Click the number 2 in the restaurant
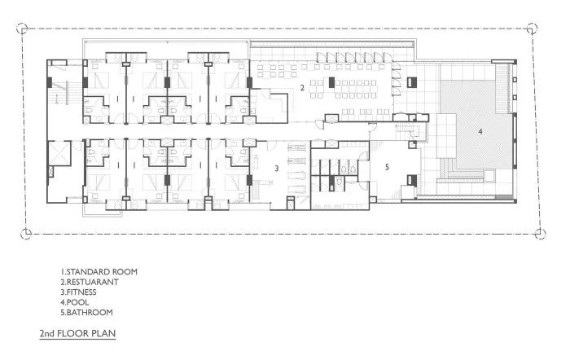(x=301, y=86)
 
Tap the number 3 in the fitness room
(x=277, y=169)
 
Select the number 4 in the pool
(x=480, y=131)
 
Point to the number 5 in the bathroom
(x=387, y=168)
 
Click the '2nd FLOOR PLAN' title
(x=77, y=334)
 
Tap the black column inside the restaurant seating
(x=334, y=82)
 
